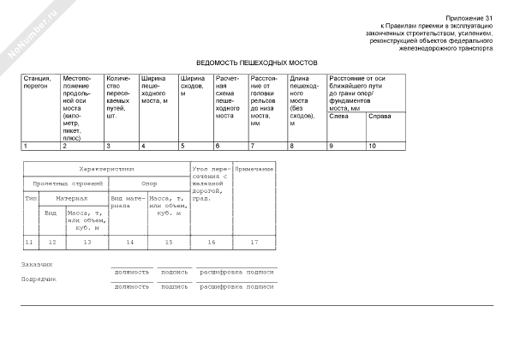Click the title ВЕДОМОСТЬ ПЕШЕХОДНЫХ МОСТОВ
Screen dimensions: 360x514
256,63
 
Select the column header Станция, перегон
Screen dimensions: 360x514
37,82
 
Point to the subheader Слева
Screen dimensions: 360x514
339,116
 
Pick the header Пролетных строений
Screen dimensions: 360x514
66,183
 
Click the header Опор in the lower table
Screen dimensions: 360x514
149,183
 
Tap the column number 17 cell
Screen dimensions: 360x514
254,242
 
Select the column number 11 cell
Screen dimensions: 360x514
29,242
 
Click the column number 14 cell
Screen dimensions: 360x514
129,242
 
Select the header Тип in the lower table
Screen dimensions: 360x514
30,197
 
